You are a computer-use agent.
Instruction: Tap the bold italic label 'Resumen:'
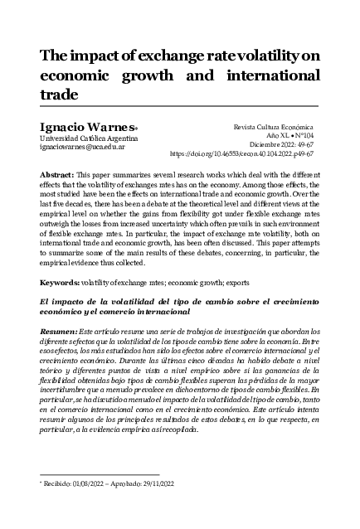click(x=60, y=331)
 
